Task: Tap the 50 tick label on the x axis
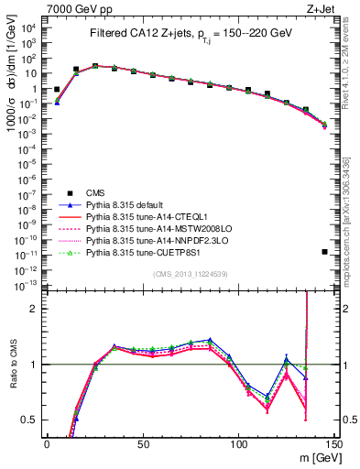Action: [142, 444]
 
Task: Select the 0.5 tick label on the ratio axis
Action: [31, 420]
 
